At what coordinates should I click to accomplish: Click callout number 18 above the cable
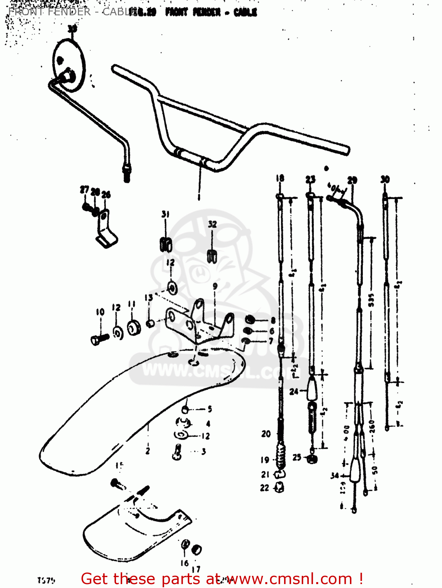point(280,178)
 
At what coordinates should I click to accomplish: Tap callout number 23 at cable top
point(310,180)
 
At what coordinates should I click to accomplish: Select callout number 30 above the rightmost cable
point(385,180)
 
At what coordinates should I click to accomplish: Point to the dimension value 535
point(371,300)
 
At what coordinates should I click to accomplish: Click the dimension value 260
point(372,426)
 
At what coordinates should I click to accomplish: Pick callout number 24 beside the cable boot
point(293,391)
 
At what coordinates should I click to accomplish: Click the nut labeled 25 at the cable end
point(312,459)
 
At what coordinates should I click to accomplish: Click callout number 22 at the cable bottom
point(265,488)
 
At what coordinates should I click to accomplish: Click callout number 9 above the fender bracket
point(215,287)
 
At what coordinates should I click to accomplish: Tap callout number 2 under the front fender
point(148,451)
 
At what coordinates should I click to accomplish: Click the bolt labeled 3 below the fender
point(177,452)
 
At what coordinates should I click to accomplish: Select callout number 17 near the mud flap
point(196,569)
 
